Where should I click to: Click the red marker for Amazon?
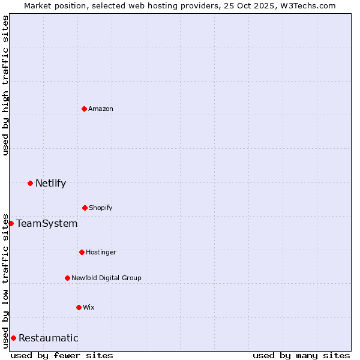(x=84, y=109)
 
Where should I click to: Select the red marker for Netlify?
(x=30, y=183)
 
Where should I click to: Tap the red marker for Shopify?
(x=85, y=208)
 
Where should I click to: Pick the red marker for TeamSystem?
(x=11, y=223)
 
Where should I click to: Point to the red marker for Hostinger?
(x=82, y=252)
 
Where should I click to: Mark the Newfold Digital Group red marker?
(x=67, y=278)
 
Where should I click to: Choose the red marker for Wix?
(x=79, y=307)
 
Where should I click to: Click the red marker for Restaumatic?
(x=13, y=338)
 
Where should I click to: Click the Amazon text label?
(x=101, y=109)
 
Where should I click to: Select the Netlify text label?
(x=50, y=183)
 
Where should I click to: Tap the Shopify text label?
(x=101, y=208)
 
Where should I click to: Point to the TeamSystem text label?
(x=47, y=223)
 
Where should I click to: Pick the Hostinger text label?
(x=101, y=252)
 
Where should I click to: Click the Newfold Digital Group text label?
(x=106, y=278)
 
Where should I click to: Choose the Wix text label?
(x=89, y=307)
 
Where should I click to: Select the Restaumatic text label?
(x=48, y=338)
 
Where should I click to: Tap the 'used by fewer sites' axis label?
(x=62, y=355)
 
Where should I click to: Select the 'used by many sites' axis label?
(x=301, y=355)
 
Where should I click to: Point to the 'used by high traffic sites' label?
(x=5, y=85)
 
